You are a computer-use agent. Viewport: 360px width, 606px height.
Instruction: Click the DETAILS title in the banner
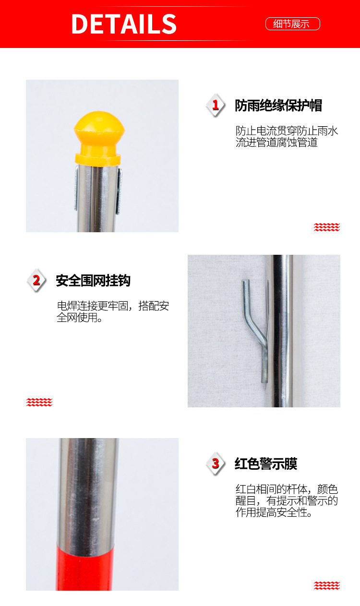click(124, 24)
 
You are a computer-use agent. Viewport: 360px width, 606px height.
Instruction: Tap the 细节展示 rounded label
click(292, 24)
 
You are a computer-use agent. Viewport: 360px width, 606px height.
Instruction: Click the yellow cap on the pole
click(99, 134)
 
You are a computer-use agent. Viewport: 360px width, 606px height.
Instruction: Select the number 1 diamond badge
click(216, 105)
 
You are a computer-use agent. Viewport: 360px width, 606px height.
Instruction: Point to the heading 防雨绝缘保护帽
click(278, 106)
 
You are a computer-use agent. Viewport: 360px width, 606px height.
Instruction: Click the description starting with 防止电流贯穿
click(287, 137)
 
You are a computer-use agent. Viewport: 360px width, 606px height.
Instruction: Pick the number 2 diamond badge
click(36, 280)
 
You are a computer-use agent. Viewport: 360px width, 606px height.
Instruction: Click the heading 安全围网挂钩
click(93, 281)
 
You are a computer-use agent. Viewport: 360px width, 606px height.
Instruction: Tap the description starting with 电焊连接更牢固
click(113, 312)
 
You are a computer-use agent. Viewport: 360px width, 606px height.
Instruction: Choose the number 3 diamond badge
click(216, 464)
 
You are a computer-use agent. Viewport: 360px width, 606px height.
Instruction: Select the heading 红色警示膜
click(266, 464)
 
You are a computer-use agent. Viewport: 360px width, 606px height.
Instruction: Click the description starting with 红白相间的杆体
click(287, 501)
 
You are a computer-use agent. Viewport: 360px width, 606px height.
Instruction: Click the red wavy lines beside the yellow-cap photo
click(327, 227)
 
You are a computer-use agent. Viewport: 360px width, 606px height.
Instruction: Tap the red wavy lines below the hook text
click(39, 402)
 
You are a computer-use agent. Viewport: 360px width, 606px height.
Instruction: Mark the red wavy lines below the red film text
click(327, 585)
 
